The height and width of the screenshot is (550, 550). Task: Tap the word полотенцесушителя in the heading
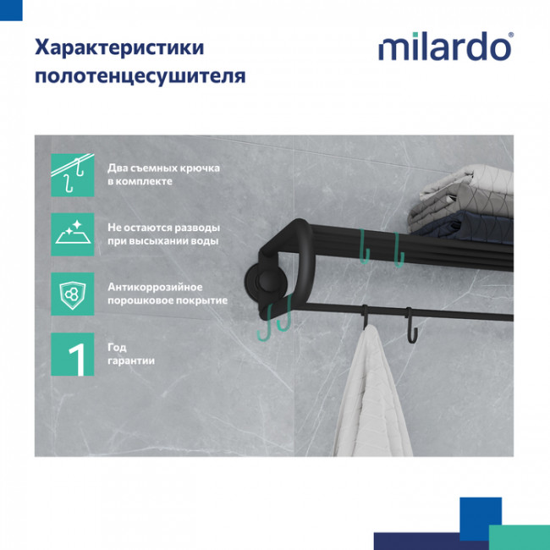pyautogui.click(x=140, y=77)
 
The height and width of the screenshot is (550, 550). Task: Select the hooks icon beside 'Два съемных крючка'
pyautogui.click(x=73, y=174)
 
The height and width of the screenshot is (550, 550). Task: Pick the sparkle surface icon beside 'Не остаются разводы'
pyautogui.click(x=73, y=234)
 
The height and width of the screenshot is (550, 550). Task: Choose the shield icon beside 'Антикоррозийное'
pyautogui.click(x=73, y=294)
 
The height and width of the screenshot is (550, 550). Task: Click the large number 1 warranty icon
pyautogui.click(x=73, y=354)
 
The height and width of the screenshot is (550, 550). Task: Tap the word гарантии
pyautogui.click(x=130, y=361)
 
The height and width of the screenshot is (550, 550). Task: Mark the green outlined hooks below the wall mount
pyautogui.click(x=275, y=318)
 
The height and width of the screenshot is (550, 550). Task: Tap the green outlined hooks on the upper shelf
pyautogui.click(x=381, y=245)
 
